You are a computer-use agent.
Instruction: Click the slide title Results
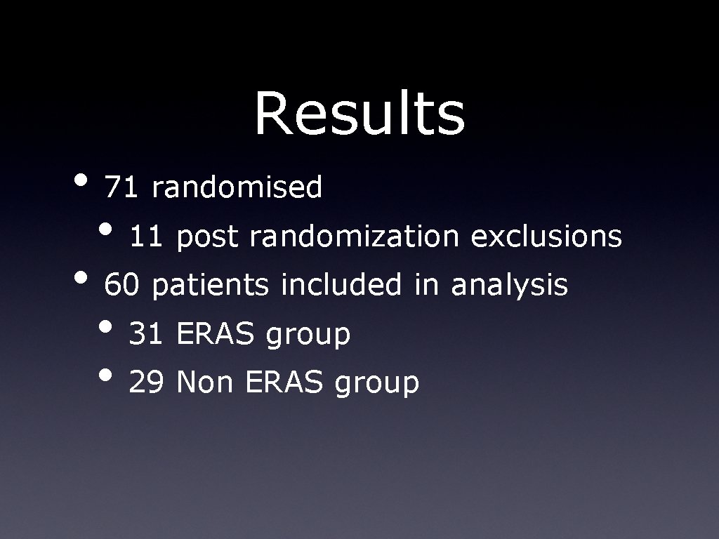coord(359,114)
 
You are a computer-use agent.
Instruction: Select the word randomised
coord(237,188)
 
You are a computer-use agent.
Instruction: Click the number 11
coord(146,237)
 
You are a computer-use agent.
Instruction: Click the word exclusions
coord(546,237)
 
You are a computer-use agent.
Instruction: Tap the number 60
coord(121,286)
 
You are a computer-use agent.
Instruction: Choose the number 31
coord(146,335)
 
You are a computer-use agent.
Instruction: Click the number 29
coord(146,383)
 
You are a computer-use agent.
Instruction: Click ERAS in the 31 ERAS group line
coord(216,335)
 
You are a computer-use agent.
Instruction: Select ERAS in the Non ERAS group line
coord(285,383)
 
